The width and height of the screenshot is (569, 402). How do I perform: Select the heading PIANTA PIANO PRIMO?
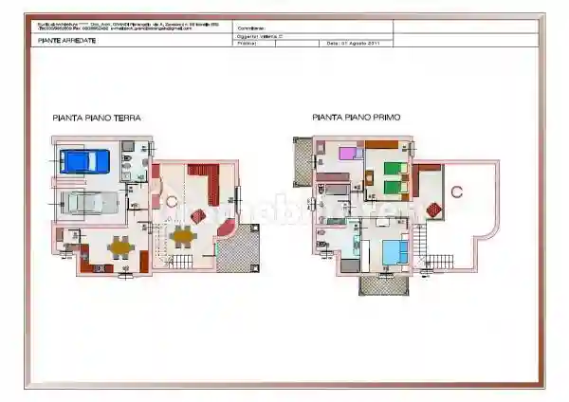click(357, 118)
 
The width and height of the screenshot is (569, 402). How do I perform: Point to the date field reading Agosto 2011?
click(355, 43)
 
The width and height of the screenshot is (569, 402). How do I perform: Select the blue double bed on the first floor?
click(394, 250)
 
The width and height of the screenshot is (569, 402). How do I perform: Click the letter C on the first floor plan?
click(456, 192)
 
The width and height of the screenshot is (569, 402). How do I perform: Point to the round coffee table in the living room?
click(172, 201)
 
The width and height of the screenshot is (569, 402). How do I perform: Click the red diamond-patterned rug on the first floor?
click(433, 209)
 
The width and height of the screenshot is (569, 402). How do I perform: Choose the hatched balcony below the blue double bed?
click(382, 284)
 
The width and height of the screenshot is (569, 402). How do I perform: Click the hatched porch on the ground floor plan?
click(240, 248)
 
